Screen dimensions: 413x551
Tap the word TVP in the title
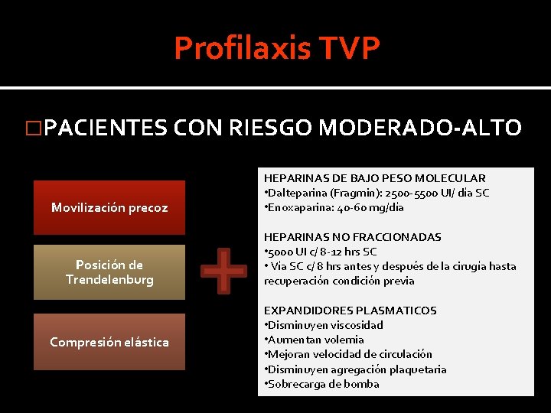click(350, 48)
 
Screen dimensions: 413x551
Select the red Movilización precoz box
click(109, 207)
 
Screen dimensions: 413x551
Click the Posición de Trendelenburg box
click(109, 272)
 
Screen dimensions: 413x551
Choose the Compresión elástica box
click(109, 342)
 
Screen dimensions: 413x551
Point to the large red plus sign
click(223, 270)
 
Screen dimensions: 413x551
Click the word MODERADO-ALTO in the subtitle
click(419, 127)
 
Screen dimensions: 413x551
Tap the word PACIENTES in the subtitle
click(105, 127)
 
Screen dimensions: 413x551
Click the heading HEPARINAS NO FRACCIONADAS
click(353, 237)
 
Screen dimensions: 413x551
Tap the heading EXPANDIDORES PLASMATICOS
click(350, 311)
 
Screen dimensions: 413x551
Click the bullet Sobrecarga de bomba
click(323, 384)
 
